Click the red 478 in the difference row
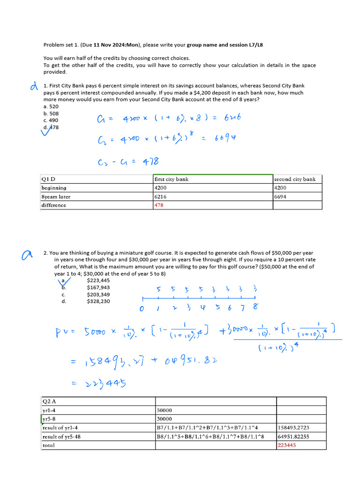pos(159,205)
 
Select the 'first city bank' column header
pos(172,179)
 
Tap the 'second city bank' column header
pos(294,179)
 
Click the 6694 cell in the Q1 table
pos(280,196)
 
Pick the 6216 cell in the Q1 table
pos(160,196)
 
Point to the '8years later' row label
pos(56,196)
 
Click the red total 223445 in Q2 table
pos(287,445)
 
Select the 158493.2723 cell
pos(293,427)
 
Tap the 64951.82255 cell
pos(293,436)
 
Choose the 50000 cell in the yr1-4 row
pos(164,410)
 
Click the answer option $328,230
pos(98,301)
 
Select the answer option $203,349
pos(98,294)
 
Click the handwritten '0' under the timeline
pos(142,309)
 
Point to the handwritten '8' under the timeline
pos(255,307)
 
